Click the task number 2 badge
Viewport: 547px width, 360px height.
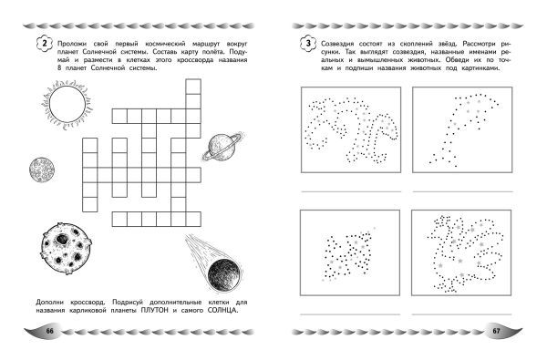click(44, 44)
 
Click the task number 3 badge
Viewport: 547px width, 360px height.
click(308, 44)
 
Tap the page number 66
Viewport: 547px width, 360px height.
click(50, 331)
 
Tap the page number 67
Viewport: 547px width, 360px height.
click(496, 331)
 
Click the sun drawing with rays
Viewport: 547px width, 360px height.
click(67, 104)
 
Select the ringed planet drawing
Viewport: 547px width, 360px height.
click(222, 146)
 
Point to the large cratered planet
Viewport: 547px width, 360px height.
click(67, 249)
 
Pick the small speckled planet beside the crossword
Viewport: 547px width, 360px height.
click(42, 170)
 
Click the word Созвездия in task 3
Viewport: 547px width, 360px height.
click(337, 44)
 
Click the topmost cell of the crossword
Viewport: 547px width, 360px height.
click(193, 87)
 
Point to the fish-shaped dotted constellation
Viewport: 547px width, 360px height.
click(349, 253)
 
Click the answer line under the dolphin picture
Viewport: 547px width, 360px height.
click(462, 191)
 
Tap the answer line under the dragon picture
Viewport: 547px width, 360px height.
click(462, 314)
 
